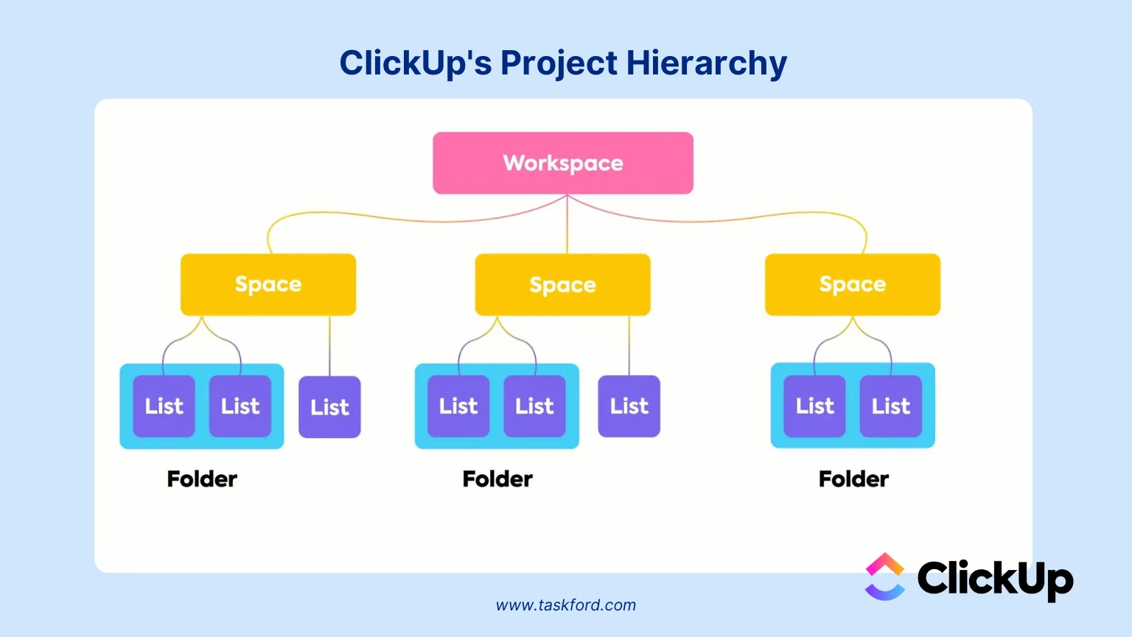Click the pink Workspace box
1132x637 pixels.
click(x=563, y=163)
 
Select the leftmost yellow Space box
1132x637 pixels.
click(x=268, y=285)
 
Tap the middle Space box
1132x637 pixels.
click(x=562, y=285)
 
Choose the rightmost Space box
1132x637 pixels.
click(x=853, y=285)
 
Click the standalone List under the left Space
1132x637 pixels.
click(x=329, y=407)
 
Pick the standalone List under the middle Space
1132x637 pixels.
click(x=629, y=406)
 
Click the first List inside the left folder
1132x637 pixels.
click(x=164, y=406)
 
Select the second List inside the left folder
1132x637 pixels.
click(x=240, y=406)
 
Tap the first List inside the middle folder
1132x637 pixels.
click(x=458, y=406)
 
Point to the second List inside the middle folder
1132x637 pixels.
click(x=534, y=406)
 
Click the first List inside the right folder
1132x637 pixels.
click(x=814, y=406)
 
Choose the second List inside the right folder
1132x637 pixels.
click(x=891, y=406)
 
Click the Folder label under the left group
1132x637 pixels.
click(x=202, y=479)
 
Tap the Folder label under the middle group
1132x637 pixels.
click(x=497, y=479)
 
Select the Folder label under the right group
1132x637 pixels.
click(x=853, y=479)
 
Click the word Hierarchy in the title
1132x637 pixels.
click(x=706, y=63)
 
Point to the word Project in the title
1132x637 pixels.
click(x=559, y=63)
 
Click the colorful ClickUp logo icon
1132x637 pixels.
click(x=884, y=577)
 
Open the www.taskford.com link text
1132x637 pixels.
click(x=565, y=605)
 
